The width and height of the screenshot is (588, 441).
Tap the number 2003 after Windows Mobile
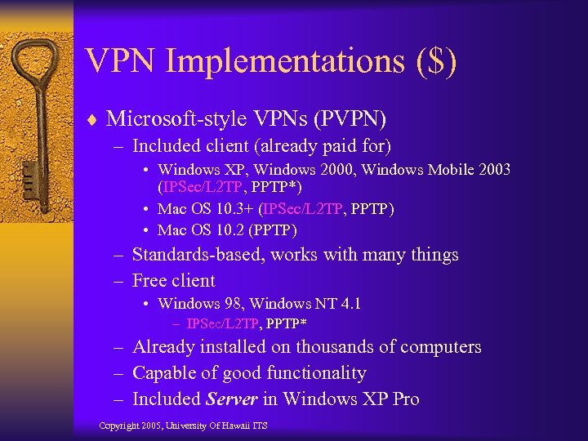493,170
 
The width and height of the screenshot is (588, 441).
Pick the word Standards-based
196,255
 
